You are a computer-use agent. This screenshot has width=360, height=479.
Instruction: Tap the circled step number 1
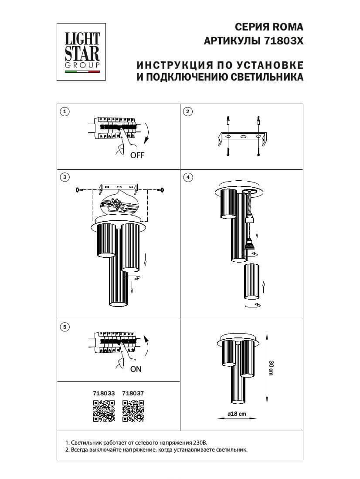(65, 112)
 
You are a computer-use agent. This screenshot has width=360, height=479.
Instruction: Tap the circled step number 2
(187, 112)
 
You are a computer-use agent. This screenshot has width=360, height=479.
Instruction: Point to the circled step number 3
(65, 177)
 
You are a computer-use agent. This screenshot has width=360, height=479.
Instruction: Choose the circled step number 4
(187, 177)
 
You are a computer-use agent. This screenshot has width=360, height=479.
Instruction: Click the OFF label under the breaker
(137, 155)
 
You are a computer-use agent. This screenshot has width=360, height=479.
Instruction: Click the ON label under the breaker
(136, 369)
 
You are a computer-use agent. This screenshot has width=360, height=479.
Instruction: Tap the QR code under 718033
(104, 411)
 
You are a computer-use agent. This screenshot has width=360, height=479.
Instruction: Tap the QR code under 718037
(133, 411)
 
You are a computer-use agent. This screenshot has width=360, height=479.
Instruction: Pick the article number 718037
(133, 393)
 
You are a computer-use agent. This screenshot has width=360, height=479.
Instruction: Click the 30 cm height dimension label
(271, 368)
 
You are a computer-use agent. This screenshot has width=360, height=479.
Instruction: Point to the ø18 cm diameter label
(237, 414)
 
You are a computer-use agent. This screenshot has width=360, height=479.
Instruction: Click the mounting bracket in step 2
(242, 139)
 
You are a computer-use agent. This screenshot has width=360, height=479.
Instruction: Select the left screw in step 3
(79, 189)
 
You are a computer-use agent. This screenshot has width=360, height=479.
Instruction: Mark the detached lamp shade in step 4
(251, 282)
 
